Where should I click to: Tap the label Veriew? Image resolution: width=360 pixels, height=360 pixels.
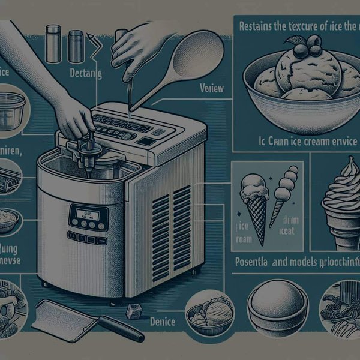(211, 89)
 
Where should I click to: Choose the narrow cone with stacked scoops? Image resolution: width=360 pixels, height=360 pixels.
(282, 192)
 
